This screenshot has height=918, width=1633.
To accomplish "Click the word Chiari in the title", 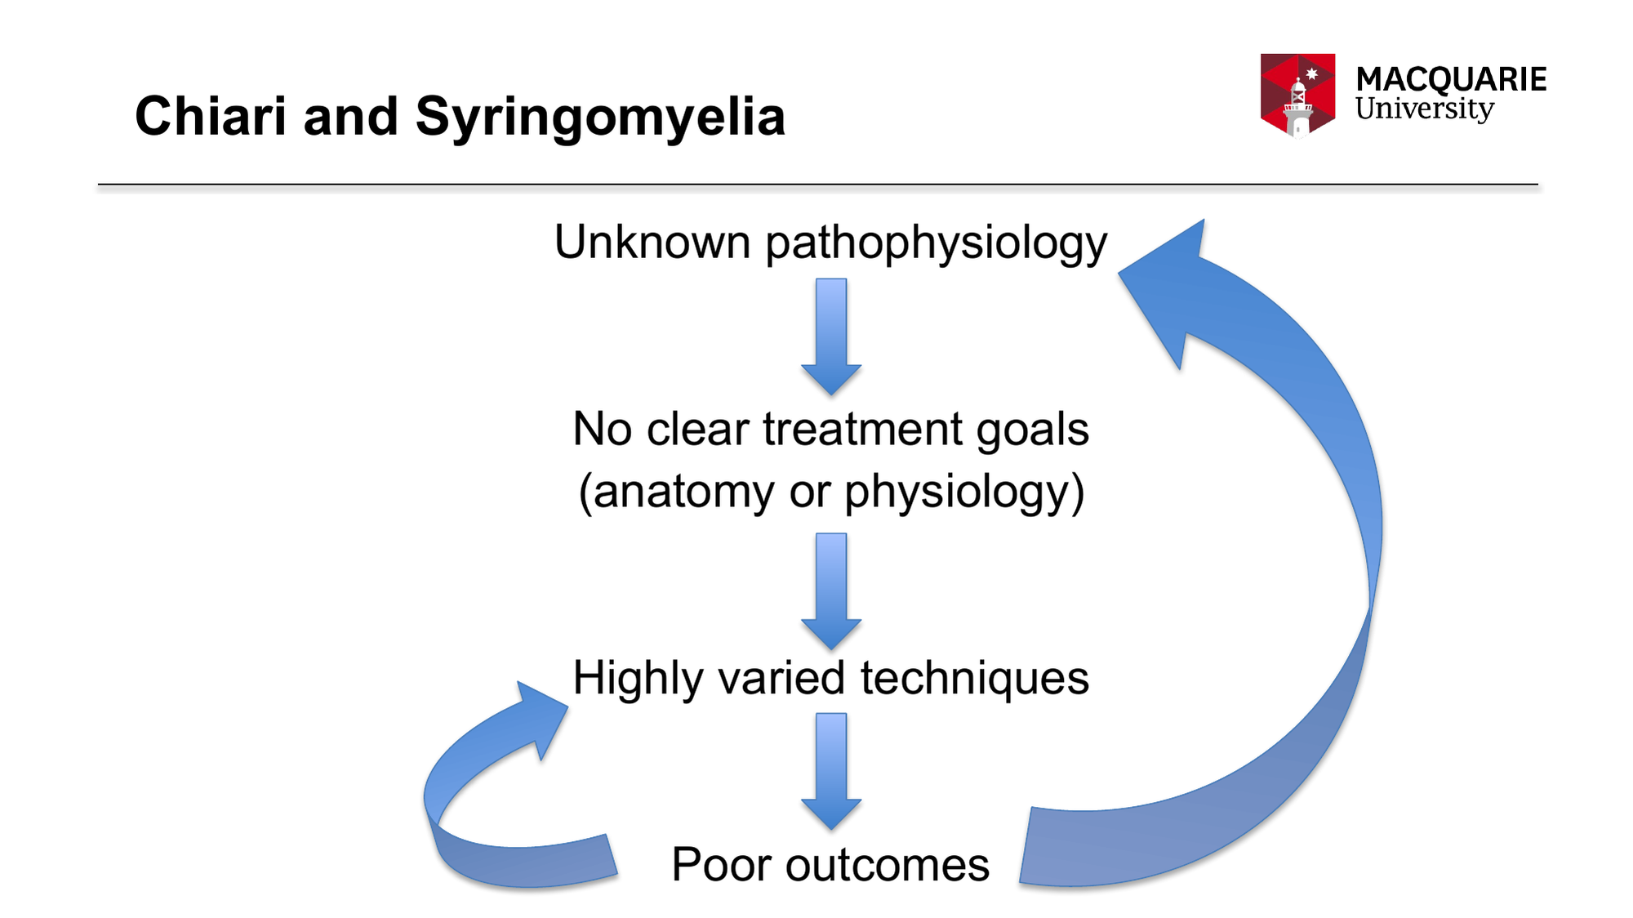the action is point(211,116).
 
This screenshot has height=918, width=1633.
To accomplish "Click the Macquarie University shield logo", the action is point(1297,95).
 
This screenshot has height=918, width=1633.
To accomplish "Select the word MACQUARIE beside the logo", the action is point(1451,79).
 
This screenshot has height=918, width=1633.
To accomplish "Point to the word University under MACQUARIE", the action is point(1424,109).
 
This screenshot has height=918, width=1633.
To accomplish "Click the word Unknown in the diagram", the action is point(652,242).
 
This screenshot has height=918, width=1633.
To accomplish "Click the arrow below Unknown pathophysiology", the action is point(831,336).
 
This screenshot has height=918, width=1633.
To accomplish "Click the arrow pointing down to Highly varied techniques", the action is point(831,591).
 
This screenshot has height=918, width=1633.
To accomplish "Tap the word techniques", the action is point(975,678).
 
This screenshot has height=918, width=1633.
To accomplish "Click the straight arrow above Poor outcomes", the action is point(831,772).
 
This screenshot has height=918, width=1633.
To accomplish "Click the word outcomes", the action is point(888,866).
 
